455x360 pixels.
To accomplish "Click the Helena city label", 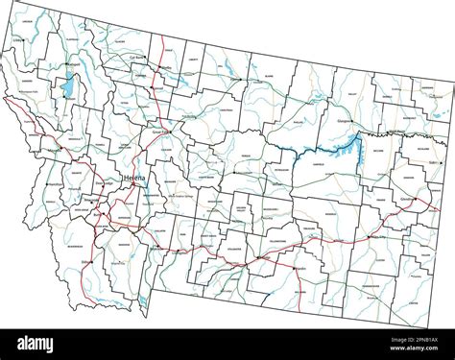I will [x=135, y=180].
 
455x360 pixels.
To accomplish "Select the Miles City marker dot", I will [x=370, y=234].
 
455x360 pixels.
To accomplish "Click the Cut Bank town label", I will [x=137, y=59].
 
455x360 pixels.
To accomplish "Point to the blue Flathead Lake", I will [x=68, y=89].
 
